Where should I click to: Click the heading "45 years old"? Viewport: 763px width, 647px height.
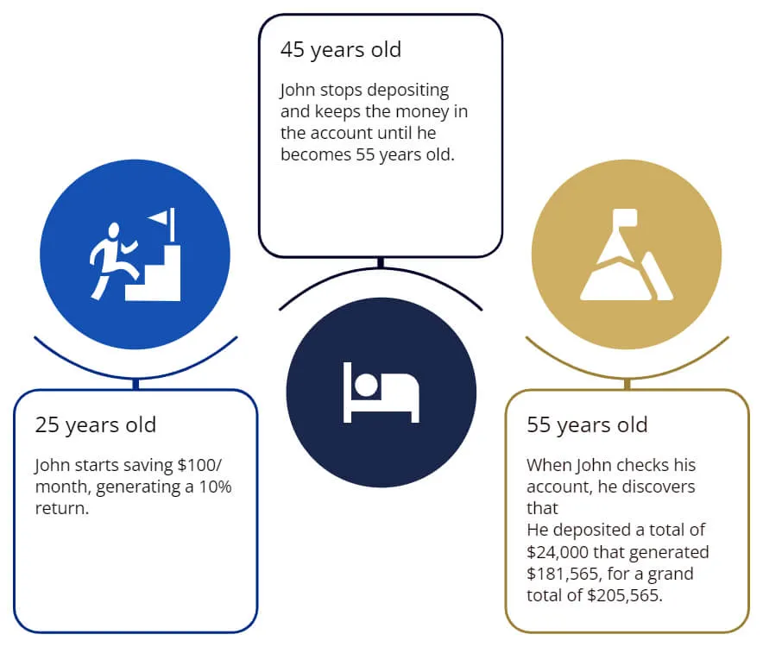341,50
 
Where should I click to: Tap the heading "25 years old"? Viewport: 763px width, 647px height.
95,425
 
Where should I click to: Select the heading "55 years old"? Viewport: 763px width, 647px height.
587,425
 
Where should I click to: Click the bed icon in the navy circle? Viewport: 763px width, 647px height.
381,393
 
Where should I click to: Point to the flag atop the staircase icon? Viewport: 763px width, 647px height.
162,223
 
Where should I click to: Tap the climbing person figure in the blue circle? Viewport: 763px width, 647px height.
114,261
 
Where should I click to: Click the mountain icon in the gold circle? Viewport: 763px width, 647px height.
627,254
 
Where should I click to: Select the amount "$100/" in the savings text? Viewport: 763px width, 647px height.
199,466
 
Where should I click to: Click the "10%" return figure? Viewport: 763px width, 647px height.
215,487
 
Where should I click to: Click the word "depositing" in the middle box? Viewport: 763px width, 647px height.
407,91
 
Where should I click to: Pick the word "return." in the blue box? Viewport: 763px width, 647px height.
62,509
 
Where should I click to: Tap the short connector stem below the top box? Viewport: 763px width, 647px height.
381,263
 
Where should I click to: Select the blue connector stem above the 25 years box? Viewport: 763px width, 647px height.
136,384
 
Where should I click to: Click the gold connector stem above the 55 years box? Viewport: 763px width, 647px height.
627,384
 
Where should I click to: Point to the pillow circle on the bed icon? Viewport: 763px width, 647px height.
366,386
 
